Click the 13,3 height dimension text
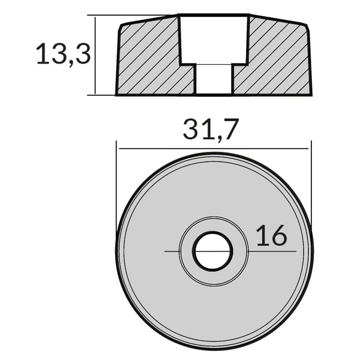(x=63, y=54)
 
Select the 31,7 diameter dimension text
(x=211, y=129)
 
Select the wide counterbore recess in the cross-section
(x=214, y=38)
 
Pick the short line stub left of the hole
(x=172, y=251)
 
